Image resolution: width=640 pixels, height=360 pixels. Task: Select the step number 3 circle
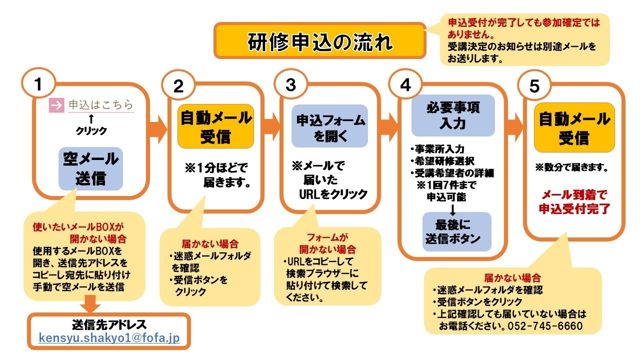pos(290,85)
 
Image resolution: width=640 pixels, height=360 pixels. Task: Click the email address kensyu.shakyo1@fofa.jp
pos(109,338)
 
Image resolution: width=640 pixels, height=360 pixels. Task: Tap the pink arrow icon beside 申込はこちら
pos(56,105)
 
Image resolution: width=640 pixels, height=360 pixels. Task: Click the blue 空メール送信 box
pos(90,168)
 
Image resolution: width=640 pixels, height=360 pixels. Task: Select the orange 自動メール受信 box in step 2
pos(215,126)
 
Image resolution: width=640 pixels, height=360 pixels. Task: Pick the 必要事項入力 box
pos(453,115)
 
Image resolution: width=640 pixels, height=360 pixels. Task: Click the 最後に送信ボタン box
pos(454,231)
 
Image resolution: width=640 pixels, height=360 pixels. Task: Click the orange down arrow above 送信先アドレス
pos(90,304)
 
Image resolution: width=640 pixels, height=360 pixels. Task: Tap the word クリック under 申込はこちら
pos(91,131)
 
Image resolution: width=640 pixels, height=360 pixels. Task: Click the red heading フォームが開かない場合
pos(327,242)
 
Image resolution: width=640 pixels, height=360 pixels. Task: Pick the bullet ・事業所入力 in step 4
pos(437,149)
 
